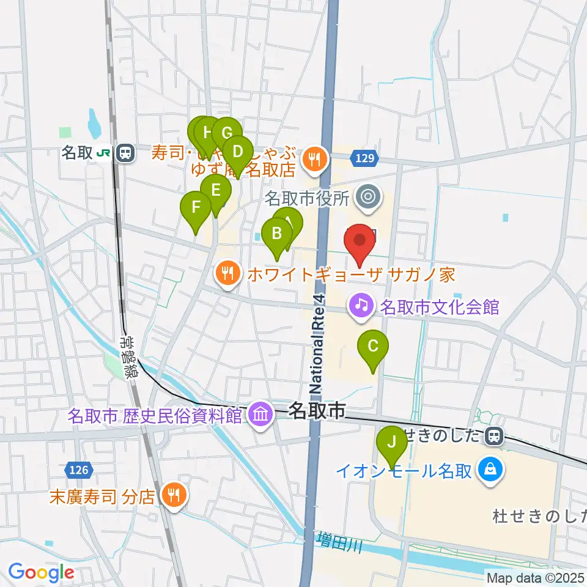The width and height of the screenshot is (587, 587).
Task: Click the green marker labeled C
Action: [x=373, y=347]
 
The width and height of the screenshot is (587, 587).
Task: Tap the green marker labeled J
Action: [x=391, y=441]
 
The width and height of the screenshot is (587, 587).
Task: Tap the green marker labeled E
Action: [x=215, y=191]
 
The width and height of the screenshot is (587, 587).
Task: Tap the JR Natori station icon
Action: [x=126, y=153]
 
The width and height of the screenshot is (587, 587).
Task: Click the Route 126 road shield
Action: [x=78, y=470]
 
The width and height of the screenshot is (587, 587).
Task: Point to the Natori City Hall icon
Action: [x=369, y=197]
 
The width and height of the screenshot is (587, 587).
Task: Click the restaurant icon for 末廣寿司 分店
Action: [x=174, y=494]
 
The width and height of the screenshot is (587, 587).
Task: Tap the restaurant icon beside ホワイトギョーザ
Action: [x=227, y=273]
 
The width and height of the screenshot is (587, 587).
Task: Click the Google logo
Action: [x=41, y=573]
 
